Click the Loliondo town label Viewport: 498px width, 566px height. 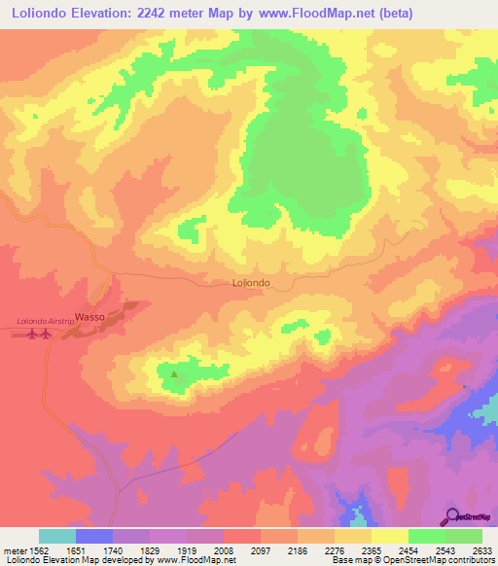coord(251,283)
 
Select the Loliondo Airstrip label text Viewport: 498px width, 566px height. coord(46,321)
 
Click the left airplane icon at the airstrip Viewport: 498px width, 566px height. coord(33,336)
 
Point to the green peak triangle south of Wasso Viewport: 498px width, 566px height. coord(174,372)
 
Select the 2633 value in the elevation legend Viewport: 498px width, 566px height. coord(482,550)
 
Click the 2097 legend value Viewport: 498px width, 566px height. coord(261,550)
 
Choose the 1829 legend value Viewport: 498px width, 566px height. coord(151,550)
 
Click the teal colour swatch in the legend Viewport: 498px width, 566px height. coord(57,536)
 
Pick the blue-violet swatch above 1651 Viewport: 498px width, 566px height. coord(94,536)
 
